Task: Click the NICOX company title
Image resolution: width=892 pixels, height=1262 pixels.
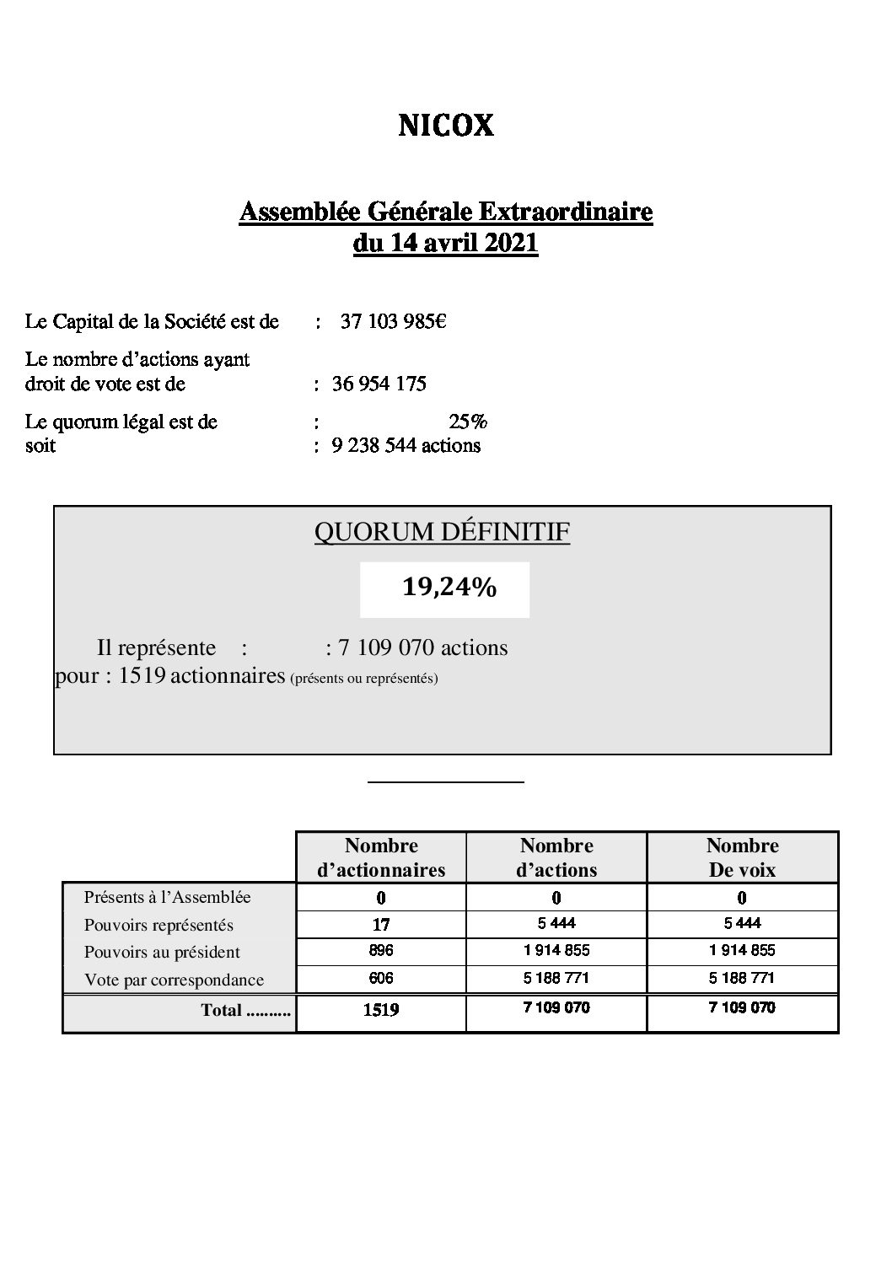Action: [x=445, y=126]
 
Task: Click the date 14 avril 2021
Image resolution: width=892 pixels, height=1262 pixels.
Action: [x=445, y=244]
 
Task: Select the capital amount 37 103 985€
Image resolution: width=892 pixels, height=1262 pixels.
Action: [x=393, y=321]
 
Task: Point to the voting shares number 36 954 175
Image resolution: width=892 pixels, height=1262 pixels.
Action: [x=379, y=384]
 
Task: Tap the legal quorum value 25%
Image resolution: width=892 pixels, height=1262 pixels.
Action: [x=468, y=421]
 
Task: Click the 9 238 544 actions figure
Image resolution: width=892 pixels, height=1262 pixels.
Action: [x=406, y=445]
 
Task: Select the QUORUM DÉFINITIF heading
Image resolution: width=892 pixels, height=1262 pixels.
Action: [x=442, y=533]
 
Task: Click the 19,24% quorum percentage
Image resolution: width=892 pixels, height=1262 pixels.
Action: [x=449, y=588]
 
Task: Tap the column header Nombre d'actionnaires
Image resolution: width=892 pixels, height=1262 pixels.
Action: [x=381, y=857]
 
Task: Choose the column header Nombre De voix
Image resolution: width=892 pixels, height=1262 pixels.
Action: [x=742, y=857]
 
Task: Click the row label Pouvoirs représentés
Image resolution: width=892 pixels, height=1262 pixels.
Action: [x=159, y=925]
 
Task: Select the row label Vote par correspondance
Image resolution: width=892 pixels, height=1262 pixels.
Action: [x=174, y=980]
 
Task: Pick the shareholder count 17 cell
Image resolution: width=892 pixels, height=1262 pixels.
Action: [x=381, y=925]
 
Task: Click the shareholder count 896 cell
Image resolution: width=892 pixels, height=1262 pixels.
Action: [x=381, y=951]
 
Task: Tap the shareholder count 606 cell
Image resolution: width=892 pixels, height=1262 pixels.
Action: [x=381, y=979]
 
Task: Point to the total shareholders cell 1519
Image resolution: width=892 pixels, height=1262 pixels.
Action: [x=381, y=1010]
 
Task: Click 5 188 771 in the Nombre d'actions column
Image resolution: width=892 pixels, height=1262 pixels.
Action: [x=556, y=979]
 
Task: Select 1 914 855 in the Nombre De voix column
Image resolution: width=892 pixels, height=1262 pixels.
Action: [x=742, y=951]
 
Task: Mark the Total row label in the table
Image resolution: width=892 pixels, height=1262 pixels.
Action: [x=245, y=1010]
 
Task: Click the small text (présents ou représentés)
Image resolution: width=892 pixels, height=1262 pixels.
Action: [x=363, y=678]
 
